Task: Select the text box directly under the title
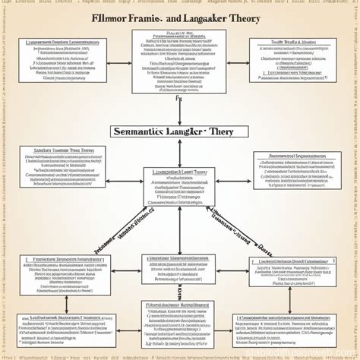[x=179, y=62]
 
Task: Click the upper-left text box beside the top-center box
[x=59, y=59]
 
